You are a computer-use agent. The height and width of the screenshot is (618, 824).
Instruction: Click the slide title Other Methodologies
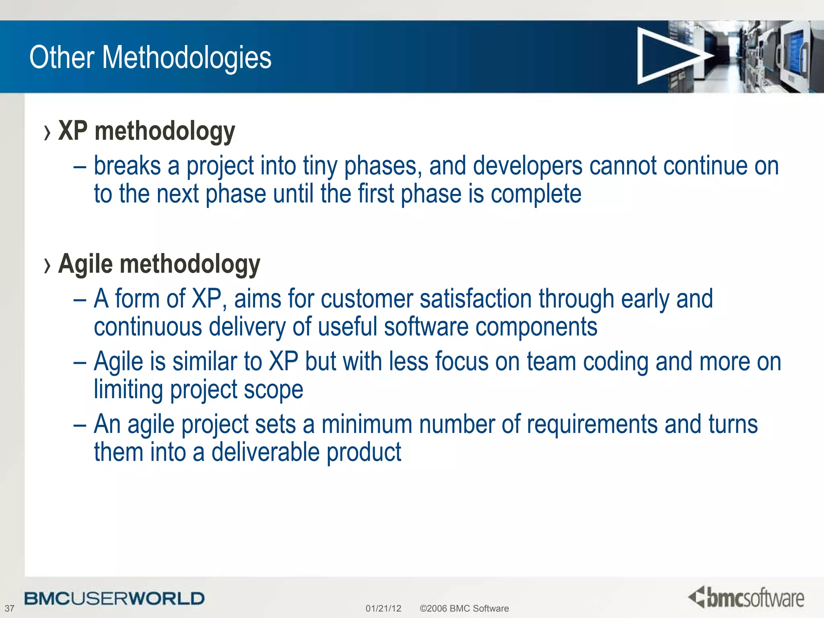[150, 58]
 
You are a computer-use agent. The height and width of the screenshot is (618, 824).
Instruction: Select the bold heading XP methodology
[146, 132]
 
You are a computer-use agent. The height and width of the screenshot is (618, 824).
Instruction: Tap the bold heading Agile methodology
[159, 264]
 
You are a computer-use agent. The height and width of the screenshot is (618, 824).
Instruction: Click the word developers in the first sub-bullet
[527, 166]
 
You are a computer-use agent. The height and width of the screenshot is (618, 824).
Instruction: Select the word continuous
[148, 326]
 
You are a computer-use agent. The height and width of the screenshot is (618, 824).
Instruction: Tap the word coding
[616, 362]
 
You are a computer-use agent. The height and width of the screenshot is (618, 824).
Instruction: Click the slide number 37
[9, 608]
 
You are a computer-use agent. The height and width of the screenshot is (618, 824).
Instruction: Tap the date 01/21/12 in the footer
[383, 608]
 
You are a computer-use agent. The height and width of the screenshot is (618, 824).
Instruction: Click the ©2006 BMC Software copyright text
[464, 608]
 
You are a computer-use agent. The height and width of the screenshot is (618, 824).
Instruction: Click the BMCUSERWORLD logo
[114, 599]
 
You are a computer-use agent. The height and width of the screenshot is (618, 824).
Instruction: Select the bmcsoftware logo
[746, 597]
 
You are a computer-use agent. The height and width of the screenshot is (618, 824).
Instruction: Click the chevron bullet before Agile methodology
[47, 266]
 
